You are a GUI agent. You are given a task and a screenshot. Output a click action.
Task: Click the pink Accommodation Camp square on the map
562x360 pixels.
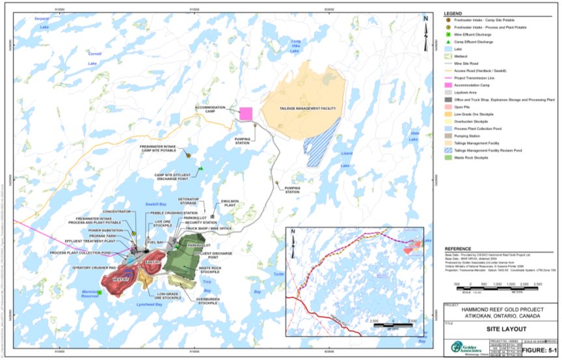tap(246, 113)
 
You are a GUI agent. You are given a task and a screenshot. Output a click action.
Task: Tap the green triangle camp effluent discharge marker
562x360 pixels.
tap(202, 169)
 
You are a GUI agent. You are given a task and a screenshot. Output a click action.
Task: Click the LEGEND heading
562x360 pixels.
tap(453, 14)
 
